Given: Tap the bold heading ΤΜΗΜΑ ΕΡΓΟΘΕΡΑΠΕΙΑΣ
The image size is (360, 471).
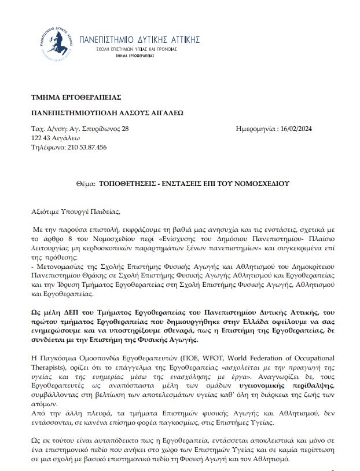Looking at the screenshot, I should [x=68, y=97].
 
